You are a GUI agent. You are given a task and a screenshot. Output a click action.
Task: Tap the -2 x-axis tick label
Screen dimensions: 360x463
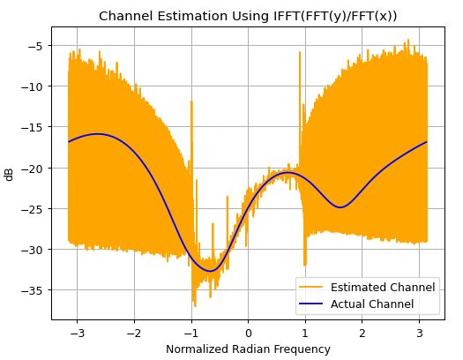(x=131, y=333)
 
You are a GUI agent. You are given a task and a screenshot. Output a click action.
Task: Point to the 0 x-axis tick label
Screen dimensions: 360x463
(x=249, y=333)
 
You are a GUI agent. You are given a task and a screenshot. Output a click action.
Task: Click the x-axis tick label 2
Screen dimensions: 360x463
(x=362, y=333)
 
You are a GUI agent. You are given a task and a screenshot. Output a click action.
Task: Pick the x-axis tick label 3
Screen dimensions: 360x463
(x=420, y=333)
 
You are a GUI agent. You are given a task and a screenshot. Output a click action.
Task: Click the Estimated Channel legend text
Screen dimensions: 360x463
(x=382, y=288)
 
